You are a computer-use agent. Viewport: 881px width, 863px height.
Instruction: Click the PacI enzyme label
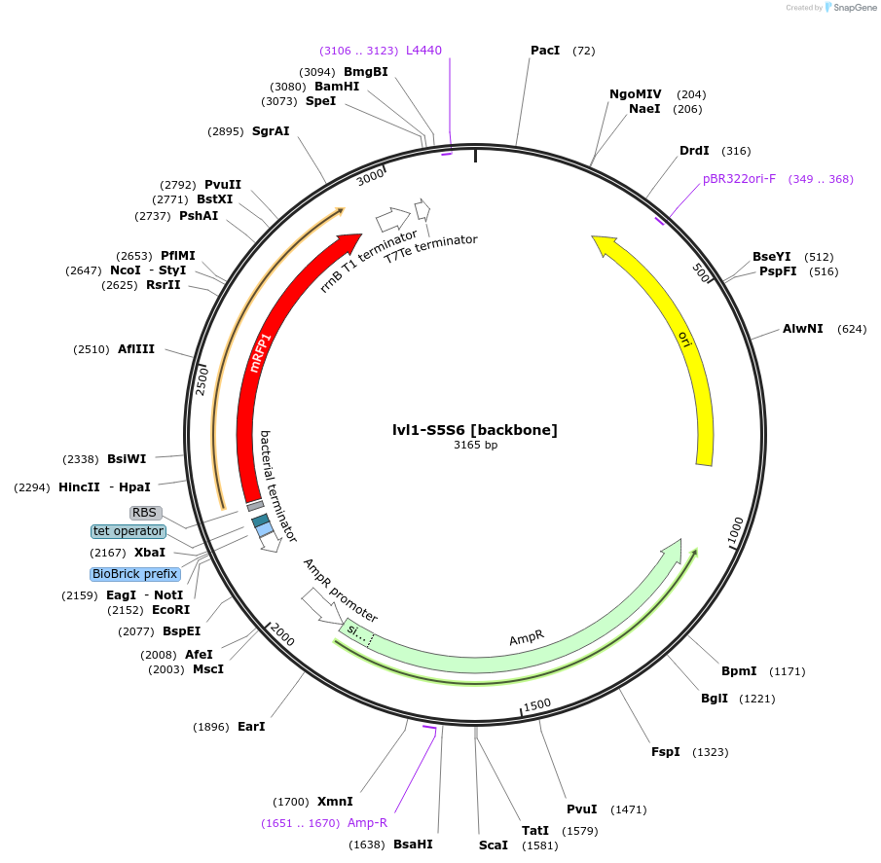point(544,50)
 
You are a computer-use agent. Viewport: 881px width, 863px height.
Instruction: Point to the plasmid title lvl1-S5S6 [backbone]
point(475,429)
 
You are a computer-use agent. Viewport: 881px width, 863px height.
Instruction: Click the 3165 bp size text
point(475,446)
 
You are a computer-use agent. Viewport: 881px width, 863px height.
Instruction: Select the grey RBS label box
point(144,512)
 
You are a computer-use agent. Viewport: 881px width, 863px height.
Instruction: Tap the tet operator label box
point(128,531)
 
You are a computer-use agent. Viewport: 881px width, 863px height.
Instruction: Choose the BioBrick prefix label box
point(135,574)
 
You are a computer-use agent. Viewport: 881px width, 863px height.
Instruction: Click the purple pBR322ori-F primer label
point(739,179)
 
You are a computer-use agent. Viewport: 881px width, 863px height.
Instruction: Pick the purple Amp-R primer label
point(368,822)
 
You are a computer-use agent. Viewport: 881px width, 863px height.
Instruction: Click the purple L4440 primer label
point(423,50)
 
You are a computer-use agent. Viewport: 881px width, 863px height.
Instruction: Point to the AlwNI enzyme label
point(803,329)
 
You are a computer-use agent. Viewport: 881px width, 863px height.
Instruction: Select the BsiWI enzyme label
point(127,459)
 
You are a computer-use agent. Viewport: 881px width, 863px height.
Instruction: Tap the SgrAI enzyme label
point(271,131)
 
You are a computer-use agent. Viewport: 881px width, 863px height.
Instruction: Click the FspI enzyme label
point(666,752)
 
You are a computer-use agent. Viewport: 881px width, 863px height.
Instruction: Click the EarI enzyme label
point(251,726)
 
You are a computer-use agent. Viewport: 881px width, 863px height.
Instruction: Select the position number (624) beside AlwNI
point(852,329)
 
